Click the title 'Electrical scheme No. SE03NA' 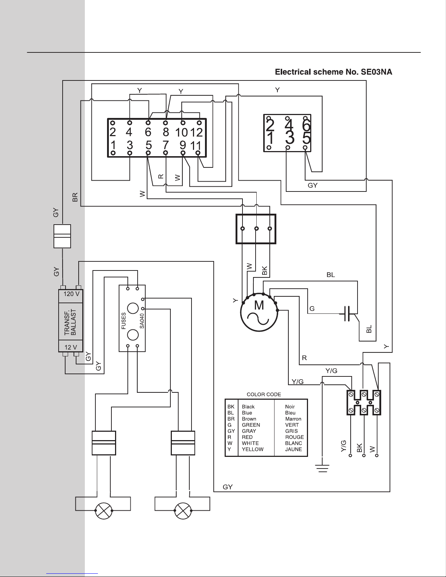333,72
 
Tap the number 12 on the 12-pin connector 196,132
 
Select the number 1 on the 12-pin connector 113,145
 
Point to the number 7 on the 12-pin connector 166,145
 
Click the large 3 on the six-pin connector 289,138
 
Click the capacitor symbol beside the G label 347,313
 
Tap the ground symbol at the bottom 322,468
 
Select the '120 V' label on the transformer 71,294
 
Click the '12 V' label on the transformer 71,347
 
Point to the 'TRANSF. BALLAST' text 70,322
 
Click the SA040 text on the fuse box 142,321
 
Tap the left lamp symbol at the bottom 103,511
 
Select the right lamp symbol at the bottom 183,511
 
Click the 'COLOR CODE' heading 264,394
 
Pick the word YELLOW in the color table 252,449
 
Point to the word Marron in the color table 293,419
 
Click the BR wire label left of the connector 75,197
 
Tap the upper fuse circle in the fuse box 133,308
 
